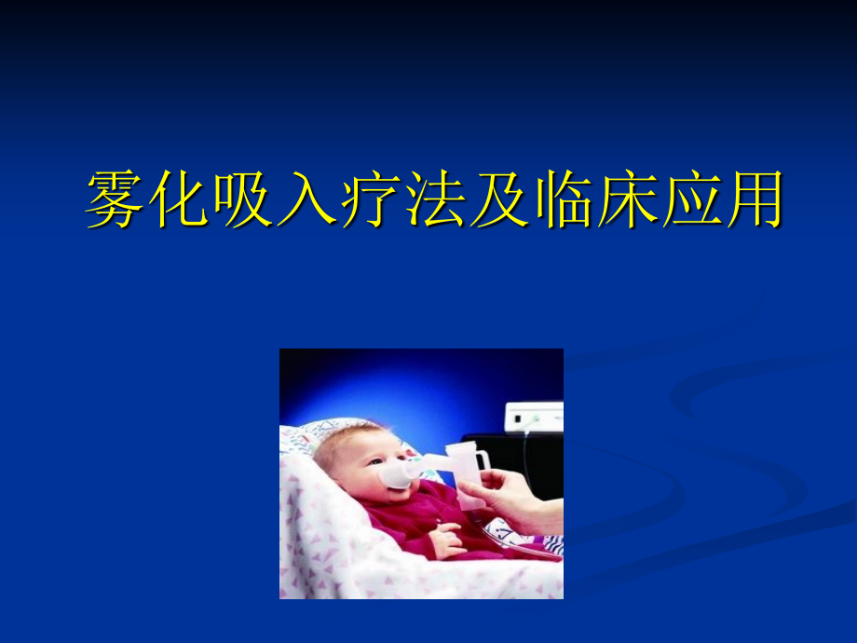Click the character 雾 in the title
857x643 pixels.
[x=116, y=198]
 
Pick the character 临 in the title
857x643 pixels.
[x=561, y=198]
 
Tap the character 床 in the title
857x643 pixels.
[x=624, y=198]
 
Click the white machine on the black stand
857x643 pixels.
[x=533, y=416]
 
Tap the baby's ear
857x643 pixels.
[x=328, y=459]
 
